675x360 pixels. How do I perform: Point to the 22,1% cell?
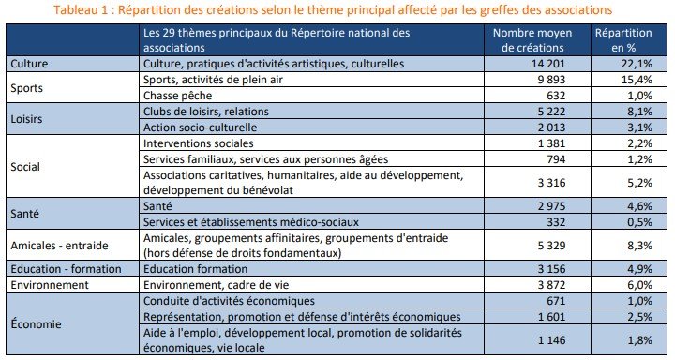tap(630, 64)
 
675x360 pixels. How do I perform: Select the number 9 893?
tap(550, 80)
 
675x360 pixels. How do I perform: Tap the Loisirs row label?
tap(25, 119)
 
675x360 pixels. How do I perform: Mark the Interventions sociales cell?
tap(198, 143)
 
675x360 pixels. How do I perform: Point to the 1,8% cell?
tap(633, 337)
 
